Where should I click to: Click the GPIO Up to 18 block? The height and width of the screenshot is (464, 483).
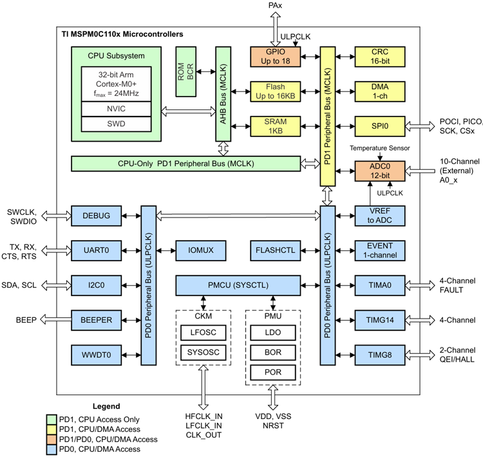pyautogui.click(x=276, y=57)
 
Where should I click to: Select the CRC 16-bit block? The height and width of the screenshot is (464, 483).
pyautogui.click(x=380, y=57)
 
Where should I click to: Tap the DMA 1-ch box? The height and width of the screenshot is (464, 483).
pyautogui.click(x=380, y=92)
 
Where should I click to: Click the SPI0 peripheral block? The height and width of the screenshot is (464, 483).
pyautogui.click(x=380, y=127)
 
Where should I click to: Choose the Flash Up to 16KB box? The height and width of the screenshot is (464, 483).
pyautogui.click(x=276, y=92)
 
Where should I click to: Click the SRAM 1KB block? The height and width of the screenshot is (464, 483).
pyautogui.click(x=276, y=127)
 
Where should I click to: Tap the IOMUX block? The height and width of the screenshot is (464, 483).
pyautogui.click(x=196, y=250)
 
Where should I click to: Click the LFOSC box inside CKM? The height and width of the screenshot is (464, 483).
pyautogui.click(x=203, y=333)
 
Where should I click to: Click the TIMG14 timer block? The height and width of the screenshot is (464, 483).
pyautogui.click(x=380, y=319)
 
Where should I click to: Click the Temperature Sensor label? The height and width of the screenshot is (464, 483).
pyautogui.click(x=379, y=148)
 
